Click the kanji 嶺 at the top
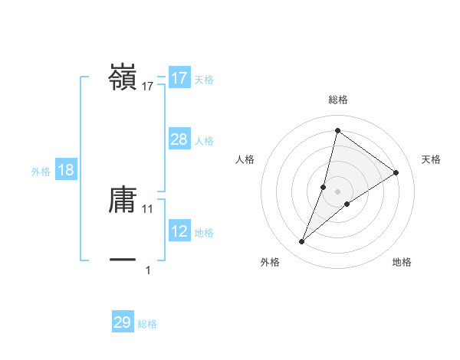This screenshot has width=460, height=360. [123, 77]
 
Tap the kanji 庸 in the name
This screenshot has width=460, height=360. [123, 201]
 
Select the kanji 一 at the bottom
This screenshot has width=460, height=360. [123, 260]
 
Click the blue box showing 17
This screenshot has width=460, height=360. [179, 78]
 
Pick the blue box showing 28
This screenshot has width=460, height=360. [179, 139]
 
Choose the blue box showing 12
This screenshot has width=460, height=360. [179, 231]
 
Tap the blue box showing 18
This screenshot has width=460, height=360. [66, 170]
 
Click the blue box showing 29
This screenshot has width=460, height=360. [123, 322]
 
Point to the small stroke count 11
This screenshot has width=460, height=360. [148, 208]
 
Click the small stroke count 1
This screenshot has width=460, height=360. [148, 270]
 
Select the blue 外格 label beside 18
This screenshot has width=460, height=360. [41, 172]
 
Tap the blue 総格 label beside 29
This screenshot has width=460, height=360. [147, 324]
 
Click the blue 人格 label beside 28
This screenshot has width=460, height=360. [204, 141]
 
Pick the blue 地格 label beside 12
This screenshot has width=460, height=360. [204, 233]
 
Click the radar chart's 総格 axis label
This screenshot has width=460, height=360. [338, 100]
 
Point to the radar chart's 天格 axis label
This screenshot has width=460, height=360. [432, 159]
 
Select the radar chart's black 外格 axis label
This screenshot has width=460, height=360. [270, 262]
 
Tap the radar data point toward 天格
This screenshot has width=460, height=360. [396, 172]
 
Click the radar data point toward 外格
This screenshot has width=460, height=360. [302, 242]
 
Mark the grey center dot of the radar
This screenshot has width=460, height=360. [338, 191]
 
